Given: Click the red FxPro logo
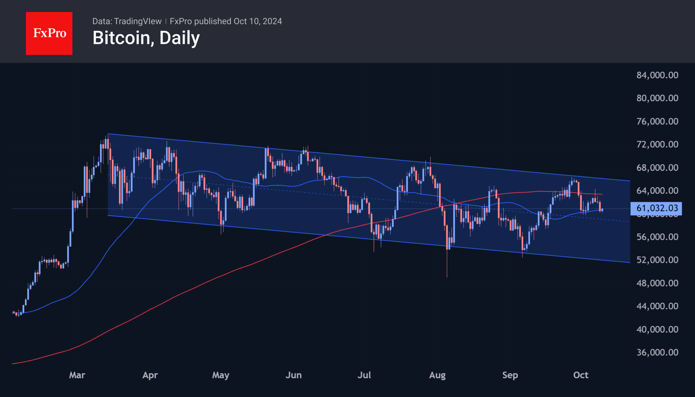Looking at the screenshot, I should click(x=49, y=33).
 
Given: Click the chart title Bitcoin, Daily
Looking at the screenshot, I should click(x=146, y=38).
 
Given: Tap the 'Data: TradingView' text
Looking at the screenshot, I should click(x=127, y=21).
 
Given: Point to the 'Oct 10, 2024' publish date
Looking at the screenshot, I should click(x=258, y=21).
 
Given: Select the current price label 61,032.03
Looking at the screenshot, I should click(x=656, y=208).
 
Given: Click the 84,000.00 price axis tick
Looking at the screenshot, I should click(x=657, y=75).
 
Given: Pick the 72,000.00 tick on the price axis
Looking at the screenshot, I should click(x=657, y=144).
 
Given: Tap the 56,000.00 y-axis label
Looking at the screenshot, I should click(x=657, y=237).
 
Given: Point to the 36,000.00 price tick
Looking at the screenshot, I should click(x=657, y=352).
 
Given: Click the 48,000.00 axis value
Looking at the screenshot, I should click(x=657, y=283).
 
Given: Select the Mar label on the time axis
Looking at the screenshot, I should click(x=77, y=375).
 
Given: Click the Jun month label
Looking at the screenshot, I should click(x=294, y=375).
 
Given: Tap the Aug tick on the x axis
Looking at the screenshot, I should click(x=437, y=375).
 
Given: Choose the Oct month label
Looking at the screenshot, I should click(x=581, y=375).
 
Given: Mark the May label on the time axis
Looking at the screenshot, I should click(x=221, y=375).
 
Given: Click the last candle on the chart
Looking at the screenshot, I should click(x=602, y=210).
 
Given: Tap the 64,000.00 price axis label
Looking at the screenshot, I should click(x=657, y=191).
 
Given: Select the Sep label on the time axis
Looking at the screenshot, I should click(x=510, y=375).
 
